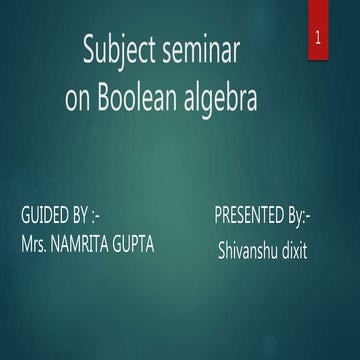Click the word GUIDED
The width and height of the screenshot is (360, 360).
[x=44, y=215]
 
